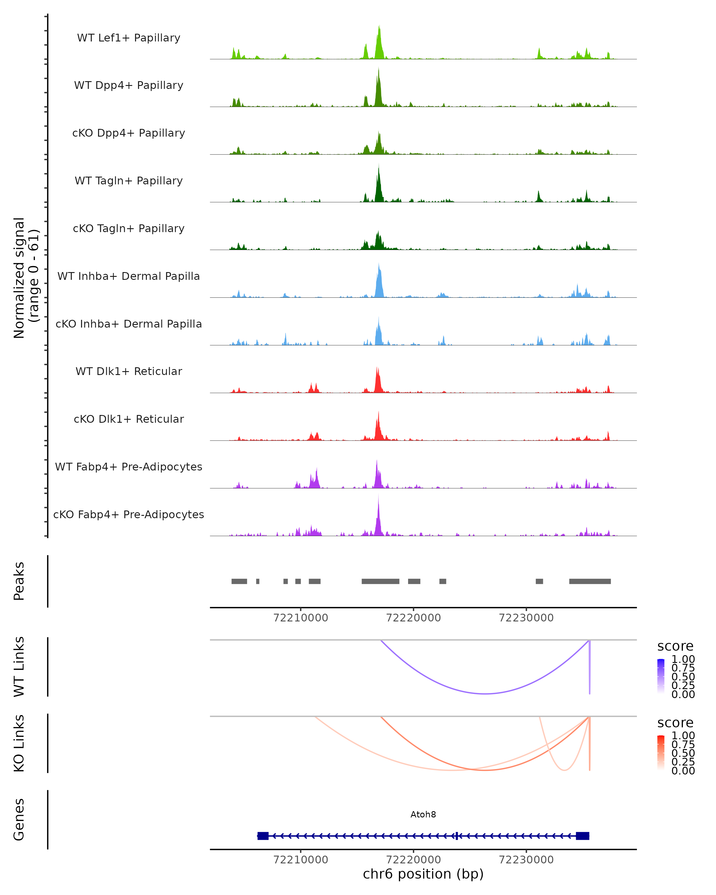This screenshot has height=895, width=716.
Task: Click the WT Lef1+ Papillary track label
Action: (x=129, y=38)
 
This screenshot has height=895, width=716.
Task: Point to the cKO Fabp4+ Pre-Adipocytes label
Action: (x=129, y=514)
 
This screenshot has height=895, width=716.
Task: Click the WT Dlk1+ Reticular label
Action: (x=129, y=371)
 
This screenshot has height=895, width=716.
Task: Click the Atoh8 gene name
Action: (x=423, y=814)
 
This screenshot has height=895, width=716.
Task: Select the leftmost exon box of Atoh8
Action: (x=263, y=836)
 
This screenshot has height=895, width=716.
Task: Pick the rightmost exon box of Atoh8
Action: (x=582, y=836)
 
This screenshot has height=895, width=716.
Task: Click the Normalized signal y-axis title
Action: (x=26, y=278)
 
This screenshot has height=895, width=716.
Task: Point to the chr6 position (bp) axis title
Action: (x=423, y=874)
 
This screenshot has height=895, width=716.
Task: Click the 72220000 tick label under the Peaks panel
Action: (x=413, y=618)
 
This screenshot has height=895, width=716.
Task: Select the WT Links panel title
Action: (x=19, y=667)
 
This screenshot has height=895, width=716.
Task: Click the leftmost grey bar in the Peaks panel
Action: (x=239, y=581)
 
